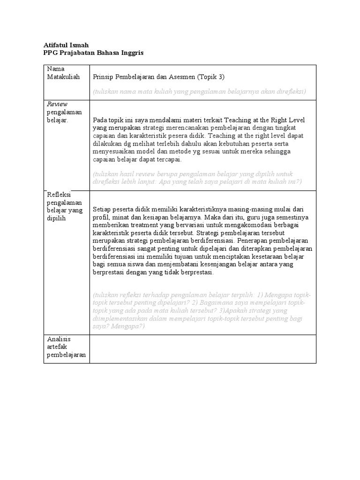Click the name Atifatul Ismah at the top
click(66, 45)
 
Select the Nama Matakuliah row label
click(63, 73)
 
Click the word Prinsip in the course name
click(104, 76)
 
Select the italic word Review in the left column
click(57, 104)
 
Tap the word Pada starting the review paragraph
click(101, 120)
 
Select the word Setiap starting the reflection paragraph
click(103, 210)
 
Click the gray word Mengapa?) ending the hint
click(129, 326)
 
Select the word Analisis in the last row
click(59, 339)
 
